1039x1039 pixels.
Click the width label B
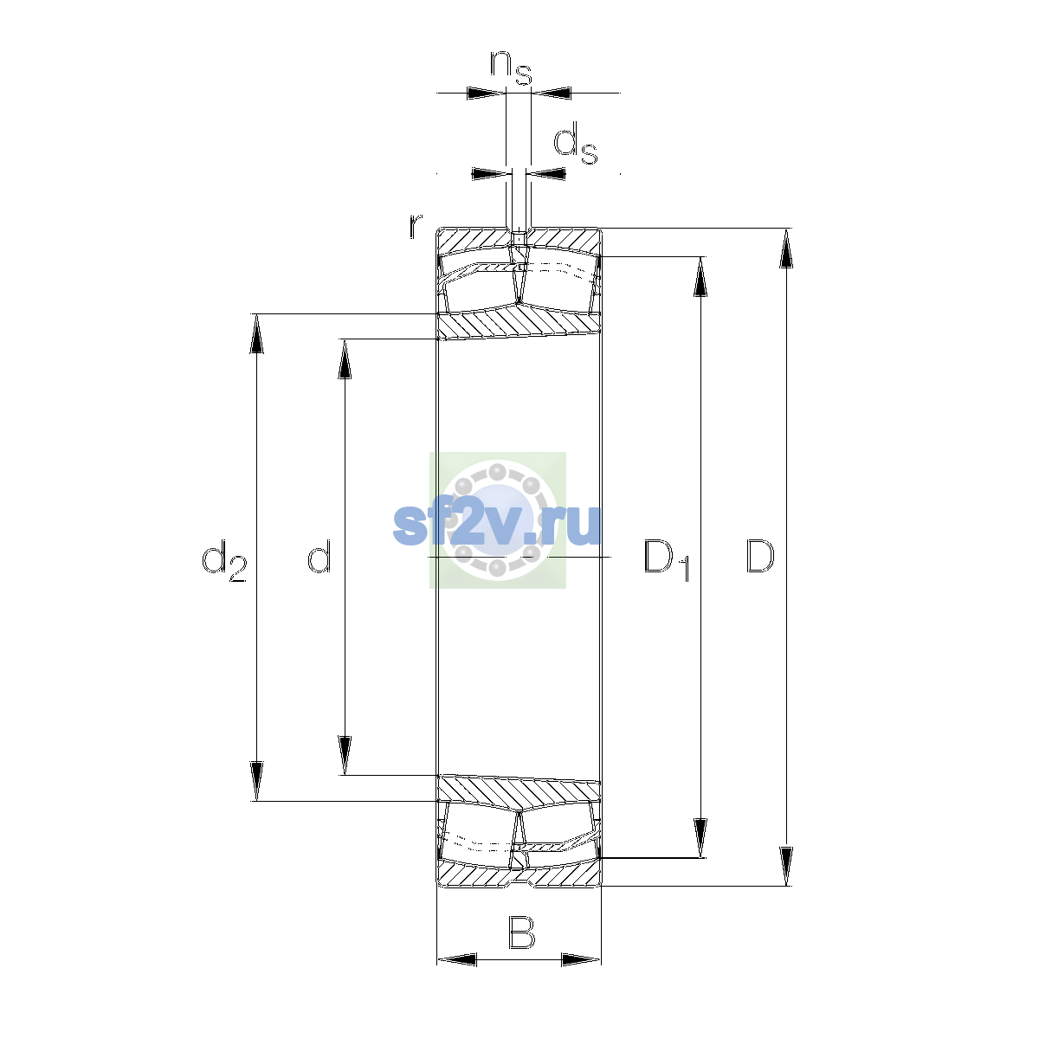[521, 933]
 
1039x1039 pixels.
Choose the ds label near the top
[576, 142]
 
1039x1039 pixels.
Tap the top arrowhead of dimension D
[787, 248]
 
